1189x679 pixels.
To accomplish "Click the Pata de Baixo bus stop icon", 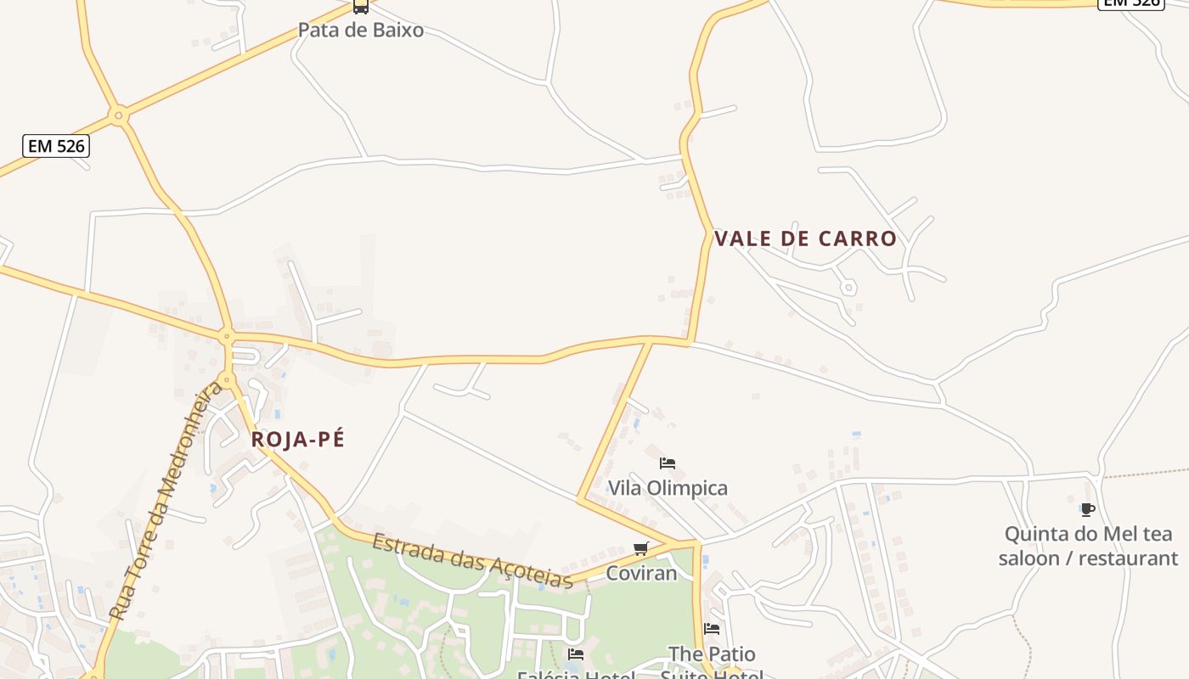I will pos(361,7).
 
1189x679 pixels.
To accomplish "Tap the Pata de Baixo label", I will pos(360,31).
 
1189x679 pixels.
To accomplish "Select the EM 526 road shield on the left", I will pos(56,146).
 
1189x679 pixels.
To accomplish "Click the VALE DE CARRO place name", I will pos(805,238).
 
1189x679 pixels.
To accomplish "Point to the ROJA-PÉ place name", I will pos(297,440).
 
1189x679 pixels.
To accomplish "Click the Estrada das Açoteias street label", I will pos(472,560).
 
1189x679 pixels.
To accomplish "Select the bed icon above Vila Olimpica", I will pos(668,463).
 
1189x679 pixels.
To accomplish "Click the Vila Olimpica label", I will pos(668,488).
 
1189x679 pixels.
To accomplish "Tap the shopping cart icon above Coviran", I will pos(641,549).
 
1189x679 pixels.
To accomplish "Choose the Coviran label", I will pos(641,574).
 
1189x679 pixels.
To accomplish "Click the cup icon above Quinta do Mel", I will pos(1087,510).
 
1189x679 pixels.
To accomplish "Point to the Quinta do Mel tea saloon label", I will pos(1088,546).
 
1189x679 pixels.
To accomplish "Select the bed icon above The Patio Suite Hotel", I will pos(712,629).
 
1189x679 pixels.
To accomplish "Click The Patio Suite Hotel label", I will pos(712,665).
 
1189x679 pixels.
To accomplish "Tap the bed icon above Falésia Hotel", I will pos(576,654).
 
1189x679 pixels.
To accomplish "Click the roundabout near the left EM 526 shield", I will pos(119,115).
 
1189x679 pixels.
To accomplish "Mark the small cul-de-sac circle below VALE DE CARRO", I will pos(848,288).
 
